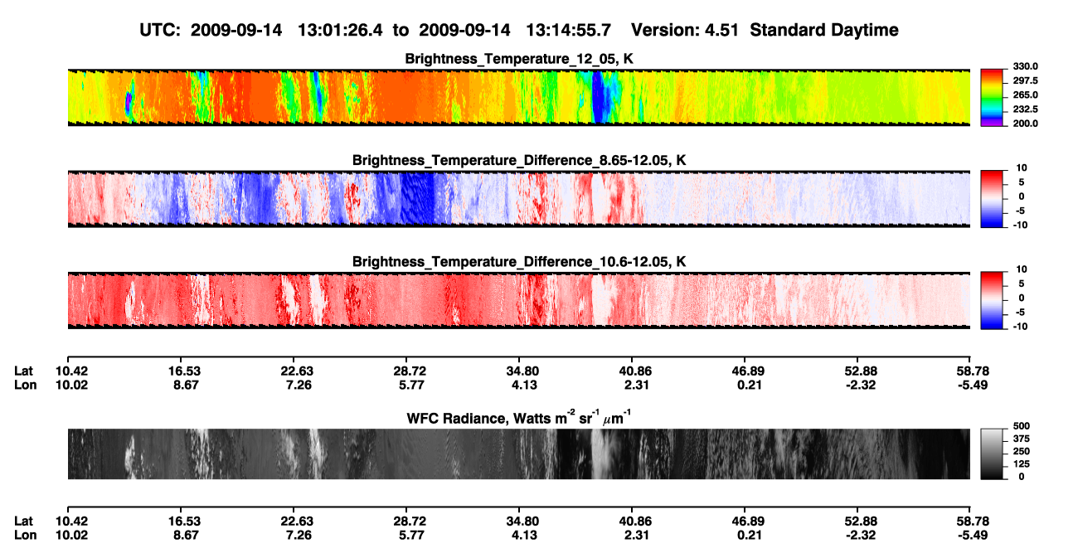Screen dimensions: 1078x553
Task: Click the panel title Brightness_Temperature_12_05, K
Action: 519,59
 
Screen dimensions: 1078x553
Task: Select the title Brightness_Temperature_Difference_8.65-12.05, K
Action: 519,160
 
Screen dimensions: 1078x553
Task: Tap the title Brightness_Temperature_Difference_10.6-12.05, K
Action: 519,262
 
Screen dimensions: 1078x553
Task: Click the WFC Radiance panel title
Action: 519,418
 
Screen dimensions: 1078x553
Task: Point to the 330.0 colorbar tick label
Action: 1025,66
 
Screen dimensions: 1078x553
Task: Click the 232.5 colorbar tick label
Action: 1025,109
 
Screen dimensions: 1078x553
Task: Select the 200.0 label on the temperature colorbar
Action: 1025,124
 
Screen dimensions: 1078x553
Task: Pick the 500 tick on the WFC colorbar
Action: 1022,426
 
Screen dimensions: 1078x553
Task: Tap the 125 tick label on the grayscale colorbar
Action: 1022,464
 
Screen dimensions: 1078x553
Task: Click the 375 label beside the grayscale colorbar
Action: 1022,439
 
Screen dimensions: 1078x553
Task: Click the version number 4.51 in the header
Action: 721,30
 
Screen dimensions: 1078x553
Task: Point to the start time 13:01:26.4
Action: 340,30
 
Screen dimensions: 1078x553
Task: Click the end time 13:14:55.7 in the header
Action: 568,30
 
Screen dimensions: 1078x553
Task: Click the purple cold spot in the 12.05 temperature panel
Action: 128,103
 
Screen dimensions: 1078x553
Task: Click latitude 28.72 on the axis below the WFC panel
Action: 410,521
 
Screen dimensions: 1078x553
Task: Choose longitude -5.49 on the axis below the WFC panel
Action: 972,536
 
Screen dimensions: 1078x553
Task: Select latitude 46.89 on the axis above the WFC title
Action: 748,371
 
